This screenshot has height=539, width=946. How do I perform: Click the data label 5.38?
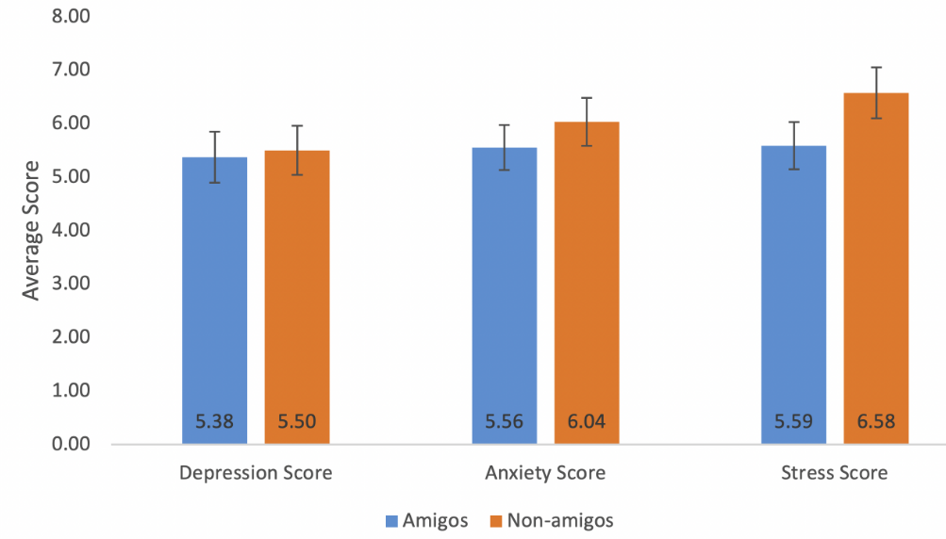point(214,423)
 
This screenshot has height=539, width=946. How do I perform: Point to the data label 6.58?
point(876,423)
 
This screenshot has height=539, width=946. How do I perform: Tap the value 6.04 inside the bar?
point(586,423)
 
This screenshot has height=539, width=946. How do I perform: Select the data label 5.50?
point(296,423)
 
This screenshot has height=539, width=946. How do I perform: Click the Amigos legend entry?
point(425,520)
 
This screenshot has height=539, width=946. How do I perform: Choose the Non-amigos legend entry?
point(552,520)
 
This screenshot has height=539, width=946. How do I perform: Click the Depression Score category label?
point(256,473)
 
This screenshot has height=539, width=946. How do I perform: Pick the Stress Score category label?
point(835,473)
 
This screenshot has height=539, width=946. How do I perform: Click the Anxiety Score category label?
point(545,473)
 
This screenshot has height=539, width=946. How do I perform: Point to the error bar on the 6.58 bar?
point(876,92)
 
